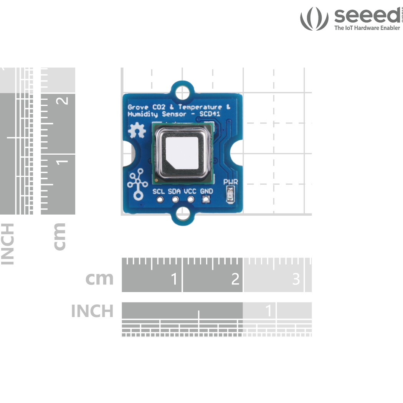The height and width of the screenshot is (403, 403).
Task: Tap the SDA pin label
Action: [175, 191]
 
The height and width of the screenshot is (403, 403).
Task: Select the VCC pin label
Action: [190, 191]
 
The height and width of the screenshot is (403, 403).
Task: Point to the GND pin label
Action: [206, 191]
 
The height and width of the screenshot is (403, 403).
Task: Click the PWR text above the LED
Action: [230, 182]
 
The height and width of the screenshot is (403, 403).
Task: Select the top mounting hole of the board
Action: [182, 92]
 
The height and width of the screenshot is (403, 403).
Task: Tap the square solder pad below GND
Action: [206, 199]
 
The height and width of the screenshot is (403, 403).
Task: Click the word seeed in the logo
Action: [367, 16]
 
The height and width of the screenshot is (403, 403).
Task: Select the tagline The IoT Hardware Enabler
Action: [367, 28]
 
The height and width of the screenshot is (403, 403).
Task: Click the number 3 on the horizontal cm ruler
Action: [296, 279]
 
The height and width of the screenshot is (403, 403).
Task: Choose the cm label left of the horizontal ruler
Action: [99, 279]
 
